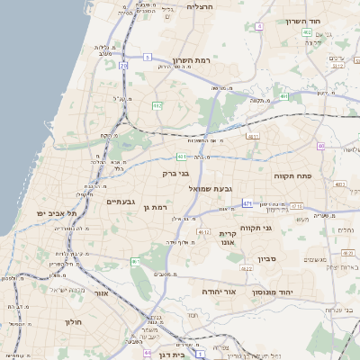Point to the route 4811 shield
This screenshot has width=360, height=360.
[x=253, y=137]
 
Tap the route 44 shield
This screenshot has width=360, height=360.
[x=147, y=353]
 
